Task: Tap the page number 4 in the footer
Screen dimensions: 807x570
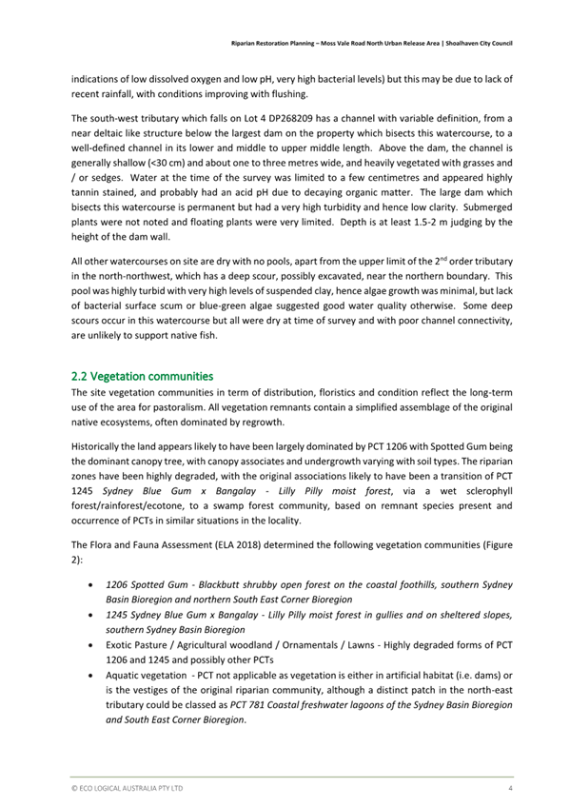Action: [x=510, y=789]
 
